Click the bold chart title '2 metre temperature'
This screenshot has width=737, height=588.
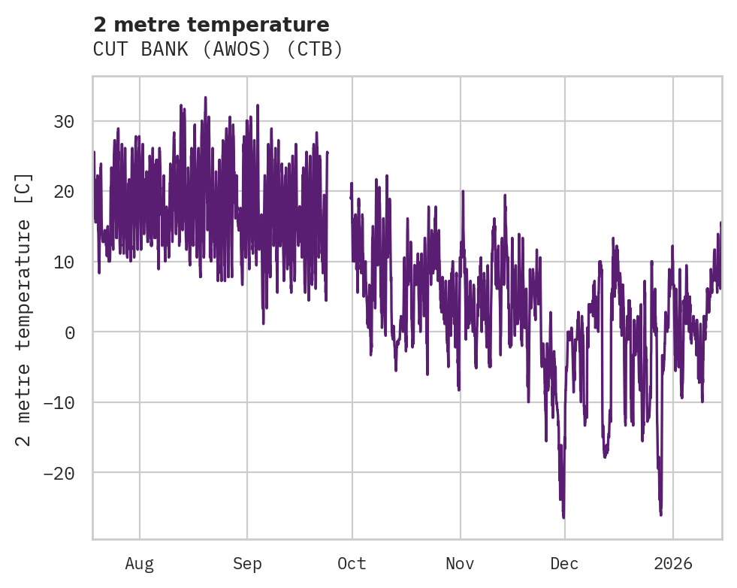pos(211,25)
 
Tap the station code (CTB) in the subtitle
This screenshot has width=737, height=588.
pos(315,50)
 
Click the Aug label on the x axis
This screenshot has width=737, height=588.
pos(139,564)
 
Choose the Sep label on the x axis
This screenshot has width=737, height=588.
pos(246,564)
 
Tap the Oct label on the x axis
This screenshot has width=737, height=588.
pos(352,564)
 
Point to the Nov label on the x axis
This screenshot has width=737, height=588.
pos(460,564)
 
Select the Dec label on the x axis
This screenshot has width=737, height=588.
pos(564,564)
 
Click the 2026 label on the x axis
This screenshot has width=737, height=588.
pos(672,564)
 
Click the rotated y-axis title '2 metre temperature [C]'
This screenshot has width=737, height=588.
pos(24,308)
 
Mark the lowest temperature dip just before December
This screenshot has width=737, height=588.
pos(563,517)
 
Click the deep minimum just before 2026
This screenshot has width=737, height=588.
pos(661,514)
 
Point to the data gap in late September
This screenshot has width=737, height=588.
pos(339,226)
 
